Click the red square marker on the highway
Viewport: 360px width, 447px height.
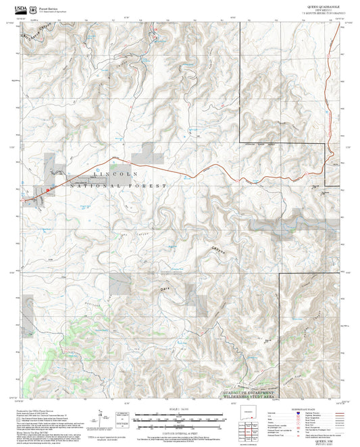click(x=48, y=190)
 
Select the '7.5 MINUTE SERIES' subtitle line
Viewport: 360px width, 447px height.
click(x=323, y=13)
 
